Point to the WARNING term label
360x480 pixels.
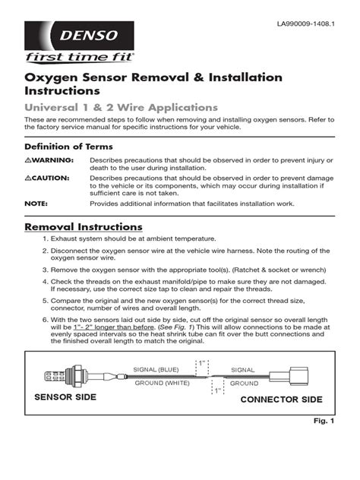pos(49,161)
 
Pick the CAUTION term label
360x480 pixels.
pos(47,178)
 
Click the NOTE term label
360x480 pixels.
pos(36,204)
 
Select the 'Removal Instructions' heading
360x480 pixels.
pos(84,227)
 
